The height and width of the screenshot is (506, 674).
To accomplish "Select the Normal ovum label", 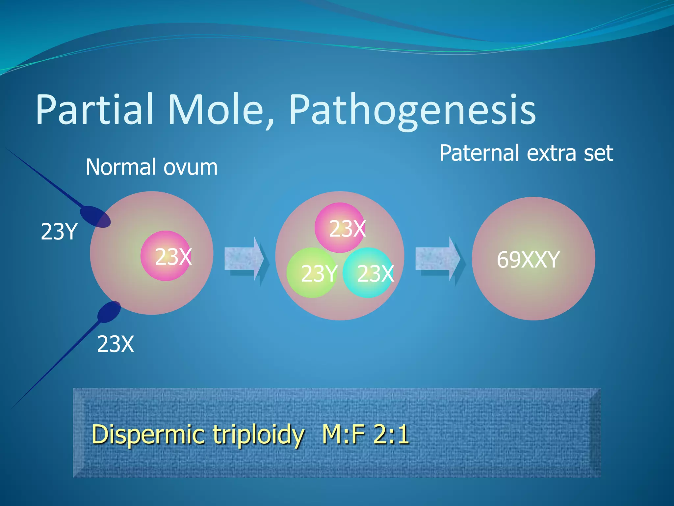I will click(151, 167).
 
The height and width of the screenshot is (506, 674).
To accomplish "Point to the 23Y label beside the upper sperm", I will click(59, 232).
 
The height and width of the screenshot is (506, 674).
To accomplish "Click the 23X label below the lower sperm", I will click(116, 344).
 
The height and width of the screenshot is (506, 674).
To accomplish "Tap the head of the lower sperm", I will click(109, 312).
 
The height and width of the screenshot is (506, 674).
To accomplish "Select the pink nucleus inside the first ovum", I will click(166, 256).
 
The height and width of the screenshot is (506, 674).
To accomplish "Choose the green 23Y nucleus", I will click(311, 273).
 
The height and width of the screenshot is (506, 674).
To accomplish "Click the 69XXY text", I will click(528, 260).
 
